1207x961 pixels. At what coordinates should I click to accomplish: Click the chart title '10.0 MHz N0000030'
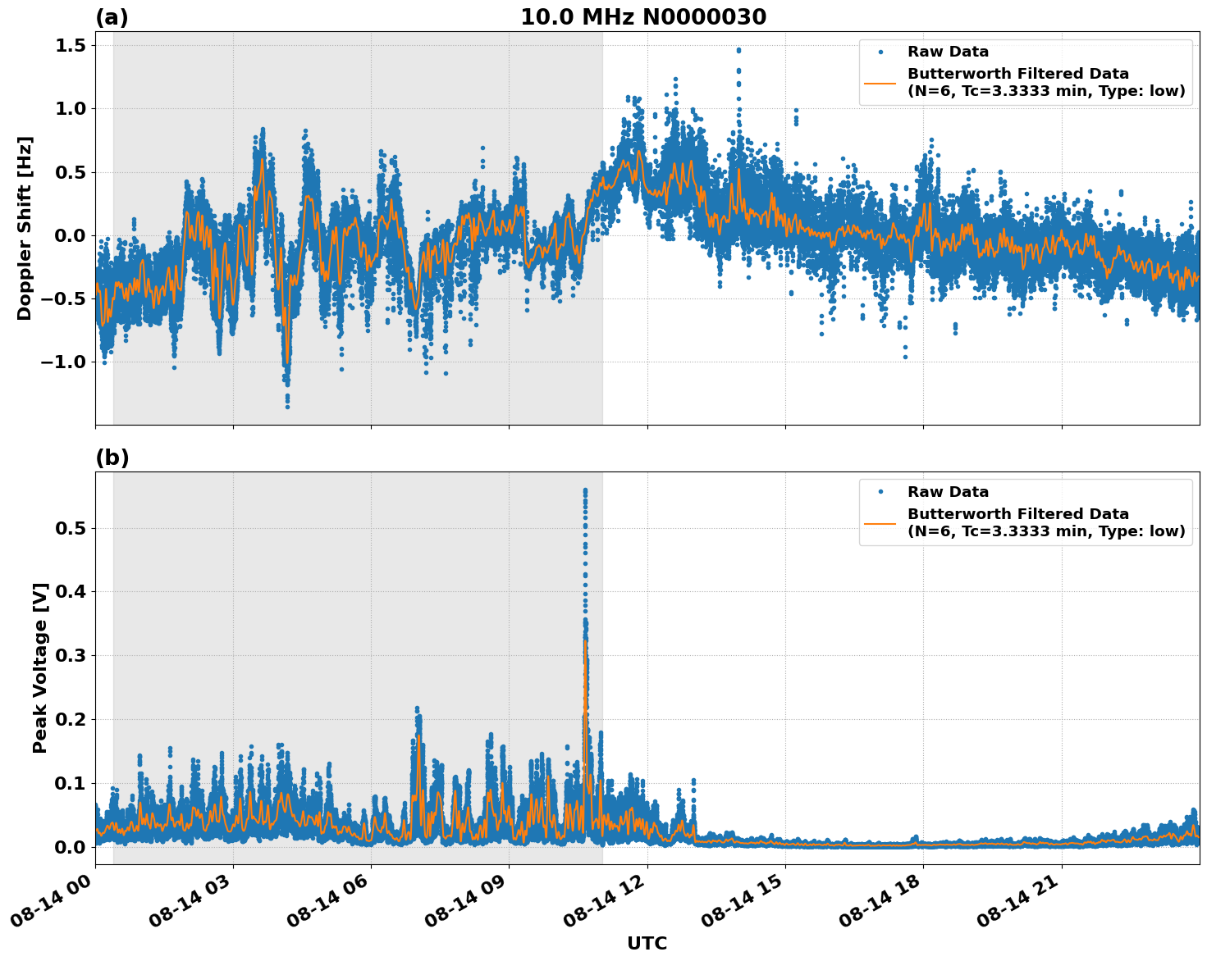[x=642, y=17]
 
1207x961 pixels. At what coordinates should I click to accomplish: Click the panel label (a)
[x=112, y=17]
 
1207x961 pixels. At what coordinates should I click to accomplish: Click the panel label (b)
[x=112, y=458]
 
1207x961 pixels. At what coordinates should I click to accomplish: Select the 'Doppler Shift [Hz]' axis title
[x=25, y=228]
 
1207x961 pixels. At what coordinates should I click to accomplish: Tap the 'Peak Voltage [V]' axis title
[x=40, y=667]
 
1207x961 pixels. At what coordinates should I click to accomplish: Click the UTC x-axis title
[x=647, y=943]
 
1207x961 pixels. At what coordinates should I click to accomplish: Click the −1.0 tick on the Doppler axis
[x=64, y=362]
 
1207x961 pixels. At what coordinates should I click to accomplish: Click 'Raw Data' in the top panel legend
[x=948, y=52]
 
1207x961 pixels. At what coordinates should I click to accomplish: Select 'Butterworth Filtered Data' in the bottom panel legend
[x=1017, y=514]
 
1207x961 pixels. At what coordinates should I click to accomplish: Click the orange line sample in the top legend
[x=880, y=83]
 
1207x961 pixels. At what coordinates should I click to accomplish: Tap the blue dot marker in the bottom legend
[x=880, y=492]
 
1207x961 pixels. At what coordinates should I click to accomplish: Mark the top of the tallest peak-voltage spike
[x=585, y=490]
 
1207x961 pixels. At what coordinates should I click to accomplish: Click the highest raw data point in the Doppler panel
[x=738, y=50]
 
